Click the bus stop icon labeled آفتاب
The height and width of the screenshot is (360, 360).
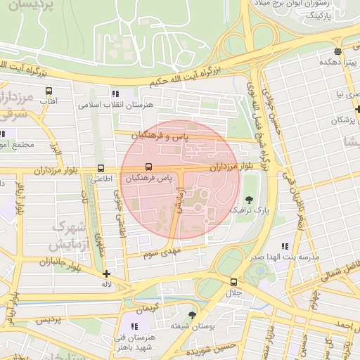point(49,91)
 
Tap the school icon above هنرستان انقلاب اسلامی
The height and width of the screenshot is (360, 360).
point(115,94)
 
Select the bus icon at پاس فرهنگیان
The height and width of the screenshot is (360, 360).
point(148,167)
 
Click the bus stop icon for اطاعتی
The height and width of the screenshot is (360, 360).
point(101,169)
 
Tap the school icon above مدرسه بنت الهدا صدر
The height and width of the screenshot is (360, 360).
point(285,246)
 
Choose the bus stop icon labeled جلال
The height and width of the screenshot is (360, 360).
point(233,281)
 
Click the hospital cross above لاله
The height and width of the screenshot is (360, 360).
point(106,274)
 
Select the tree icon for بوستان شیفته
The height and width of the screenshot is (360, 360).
point(193,315)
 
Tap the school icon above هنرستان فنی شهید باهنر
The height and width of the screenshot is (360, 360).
point(134,326)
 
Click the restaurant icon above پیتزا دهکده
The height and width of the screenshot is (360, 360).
point(338,51)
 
